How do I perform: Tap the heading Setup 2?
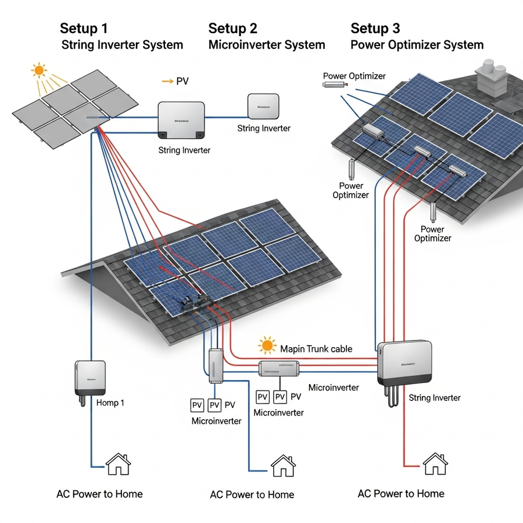[x=232, y=28]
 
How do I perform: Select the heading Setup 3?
[x=375, y=28]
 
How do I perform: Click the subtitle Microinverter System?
[x=267, y=45]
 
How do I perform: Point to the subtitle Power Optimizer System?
[x=417, y=45]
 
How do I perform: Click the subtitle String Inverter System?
[x=122, y=45]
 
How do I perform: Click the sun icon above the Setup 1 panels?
[x=39, y=71]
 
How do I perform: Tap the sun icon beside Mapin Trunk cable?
[x=267, y=346]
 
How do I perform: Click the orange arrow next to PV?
[x=167, y=82]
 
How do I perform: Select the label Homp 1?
[x=110, y=403]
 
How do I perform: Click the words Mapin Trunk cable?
[x=316, y=349]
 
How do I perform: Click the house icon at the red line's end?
[x=434, y=464]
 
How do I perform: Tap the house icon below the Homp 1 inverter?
[x=118, y=464]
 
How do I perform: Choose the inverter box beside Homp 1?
[x=91, y=378]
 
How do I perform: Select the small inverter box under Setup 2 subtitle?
[x=263, y=106]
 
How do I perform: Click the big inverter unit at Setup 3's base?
[x=405, y=363]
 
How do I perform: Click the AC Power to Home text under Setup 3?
[x=401, y=494]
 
